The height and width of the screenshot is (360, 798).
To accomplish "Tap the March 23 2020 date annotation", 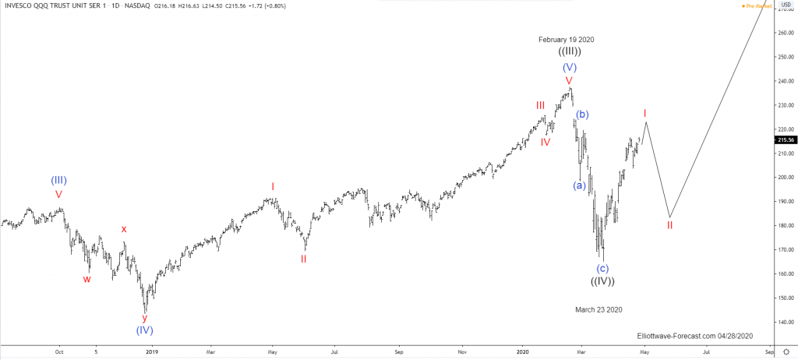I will point(598,309).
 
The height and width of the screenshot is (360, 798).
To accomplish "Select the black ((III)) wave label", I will point(569,52).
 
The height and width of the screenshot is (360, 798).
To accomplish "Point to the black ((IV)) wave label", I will point(602,281).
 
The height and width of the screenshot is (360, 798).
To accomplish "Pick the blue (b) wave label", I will point(582,115).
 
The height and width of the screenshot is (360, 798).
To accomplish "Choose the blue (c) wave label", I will point(602,268).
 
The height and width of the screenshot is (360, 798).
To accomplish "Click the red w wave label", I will point(87,279).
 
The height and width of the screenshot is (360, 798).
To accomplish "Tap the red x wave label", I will point(123,229).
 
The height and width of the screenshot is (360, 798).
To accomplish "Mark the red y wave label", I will point(144,317).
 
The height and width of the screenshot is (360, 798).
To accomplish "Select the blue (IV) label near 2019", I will point(144,330).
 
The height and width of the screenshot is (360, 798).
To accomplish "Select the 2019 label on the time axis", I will point(152,352).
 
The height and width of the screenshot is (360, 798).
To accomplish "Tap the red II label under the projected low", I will point(669,225).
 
